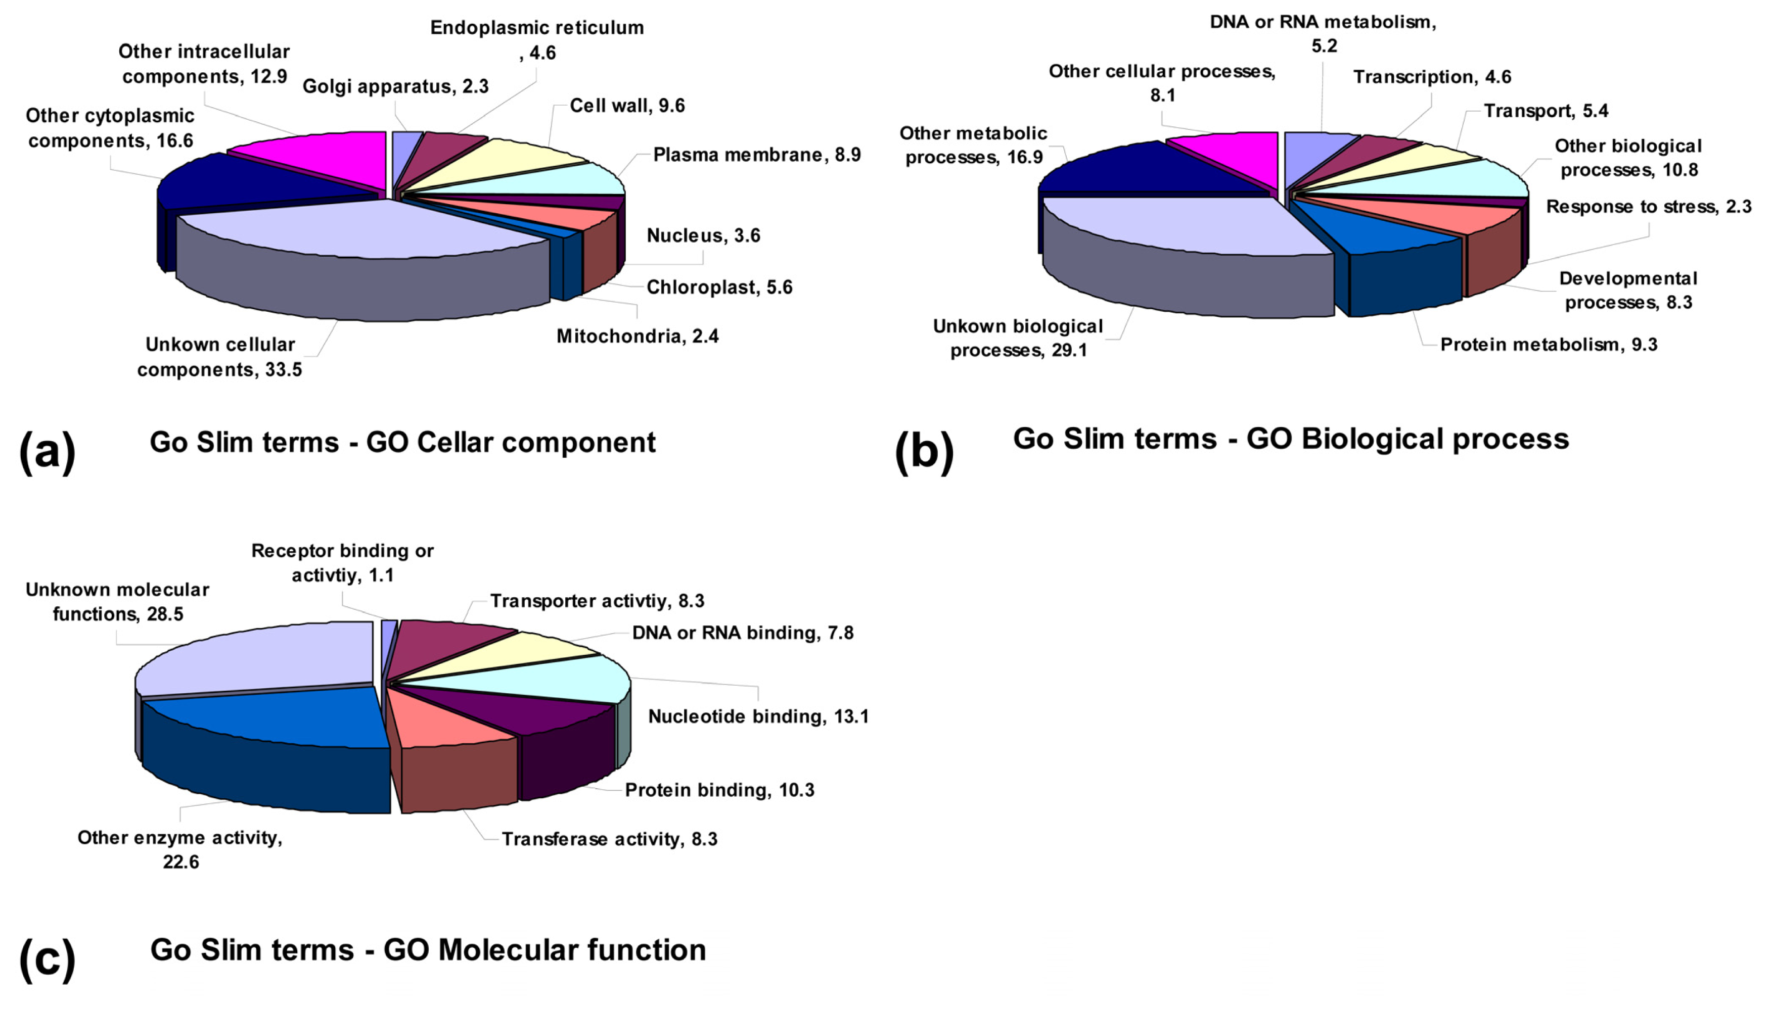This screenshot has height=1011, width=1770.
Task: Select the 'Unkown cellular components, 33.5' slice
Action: coord(361,229)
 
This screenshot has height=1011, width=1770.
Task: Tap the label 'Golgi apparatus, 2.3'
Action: coord(395,87)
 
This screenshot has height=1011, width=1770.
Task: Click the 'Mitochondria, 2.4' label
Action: coord(637,337)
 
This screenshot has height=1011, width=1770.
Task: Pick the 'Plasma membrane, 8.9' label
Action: coord(756,155)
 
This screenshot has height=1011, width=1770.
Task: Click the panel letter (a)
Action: coord(47,451)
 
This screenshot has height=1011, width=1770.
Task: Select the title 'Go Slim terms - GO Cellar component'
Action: coord(402,442)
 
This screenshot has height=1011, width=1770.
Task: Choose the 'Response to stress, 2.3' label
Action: coord(1648,207)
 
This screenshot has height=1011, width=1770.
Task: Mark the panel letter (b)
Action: coord(924,451)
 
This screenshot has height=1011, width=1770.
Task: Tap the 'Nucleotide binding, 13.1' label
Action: coord(758,716)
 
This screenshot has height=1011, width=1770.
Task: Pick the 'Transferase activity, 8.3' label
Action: coord(609,840)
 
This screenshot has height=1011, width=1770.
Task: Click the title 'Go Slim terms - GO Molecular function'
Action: coord(428,950)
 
